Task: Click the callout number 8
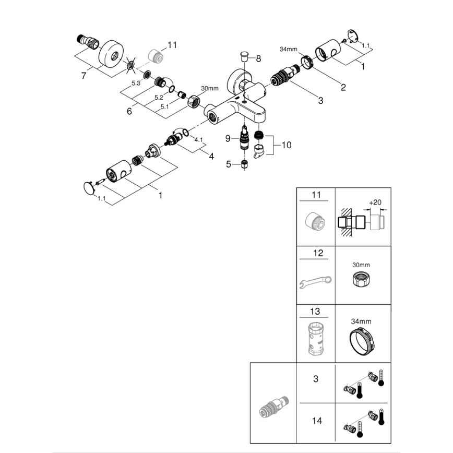pos(258,58)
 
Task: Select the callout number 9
pos(228,138)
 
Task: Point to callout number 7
pos(84,76)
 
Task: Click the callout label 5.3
pos(136,84)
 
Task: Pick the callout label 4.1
pos(199,140)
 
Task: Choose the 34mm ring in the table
pos(361,342)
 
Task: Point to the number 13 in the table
pos(315,312)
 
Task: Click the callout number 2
pos(343,87)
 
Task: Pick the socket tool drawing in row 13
pos(315,340)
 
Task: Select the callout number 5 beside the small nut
pos(228,164)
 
